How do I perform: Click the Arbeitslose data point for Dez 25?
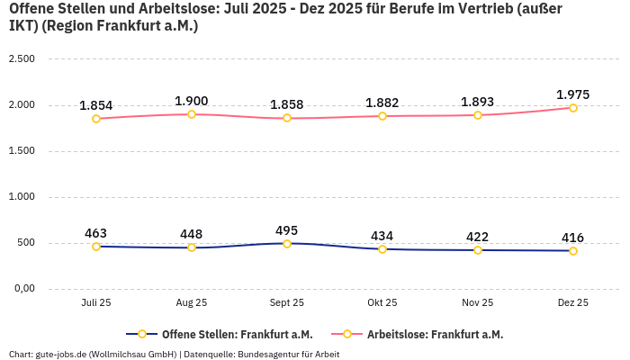[572, 108]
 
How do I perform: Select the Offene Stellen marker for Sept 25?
[287, 244]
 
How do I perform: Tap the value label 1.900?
[192, 101]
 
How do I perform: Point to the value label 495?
[287, 230]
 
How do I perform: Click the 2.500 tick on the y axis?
[21, 59]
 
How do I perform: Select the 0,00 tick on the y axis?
[22, 289]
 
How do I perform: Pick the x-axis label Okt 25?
[382, 303]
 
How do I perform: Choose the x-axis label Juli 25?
[96, 303]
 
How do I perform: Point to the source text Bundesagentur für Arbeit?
[288, 355]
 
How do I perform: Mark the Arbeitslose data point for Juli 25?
[96, 119]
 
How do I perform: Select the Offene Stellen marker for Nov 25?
[477, 250]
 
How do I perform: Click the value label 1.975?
[572, 94]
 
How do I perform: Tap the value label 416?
[572, 238]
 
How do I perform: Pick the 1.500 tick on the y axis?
[21, 151]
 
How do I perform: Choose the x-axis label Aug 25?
[192, 303]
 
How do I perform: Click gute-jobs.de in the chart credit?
[59, 355]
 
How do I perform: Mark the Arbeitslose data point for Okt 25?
[382, 116]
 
